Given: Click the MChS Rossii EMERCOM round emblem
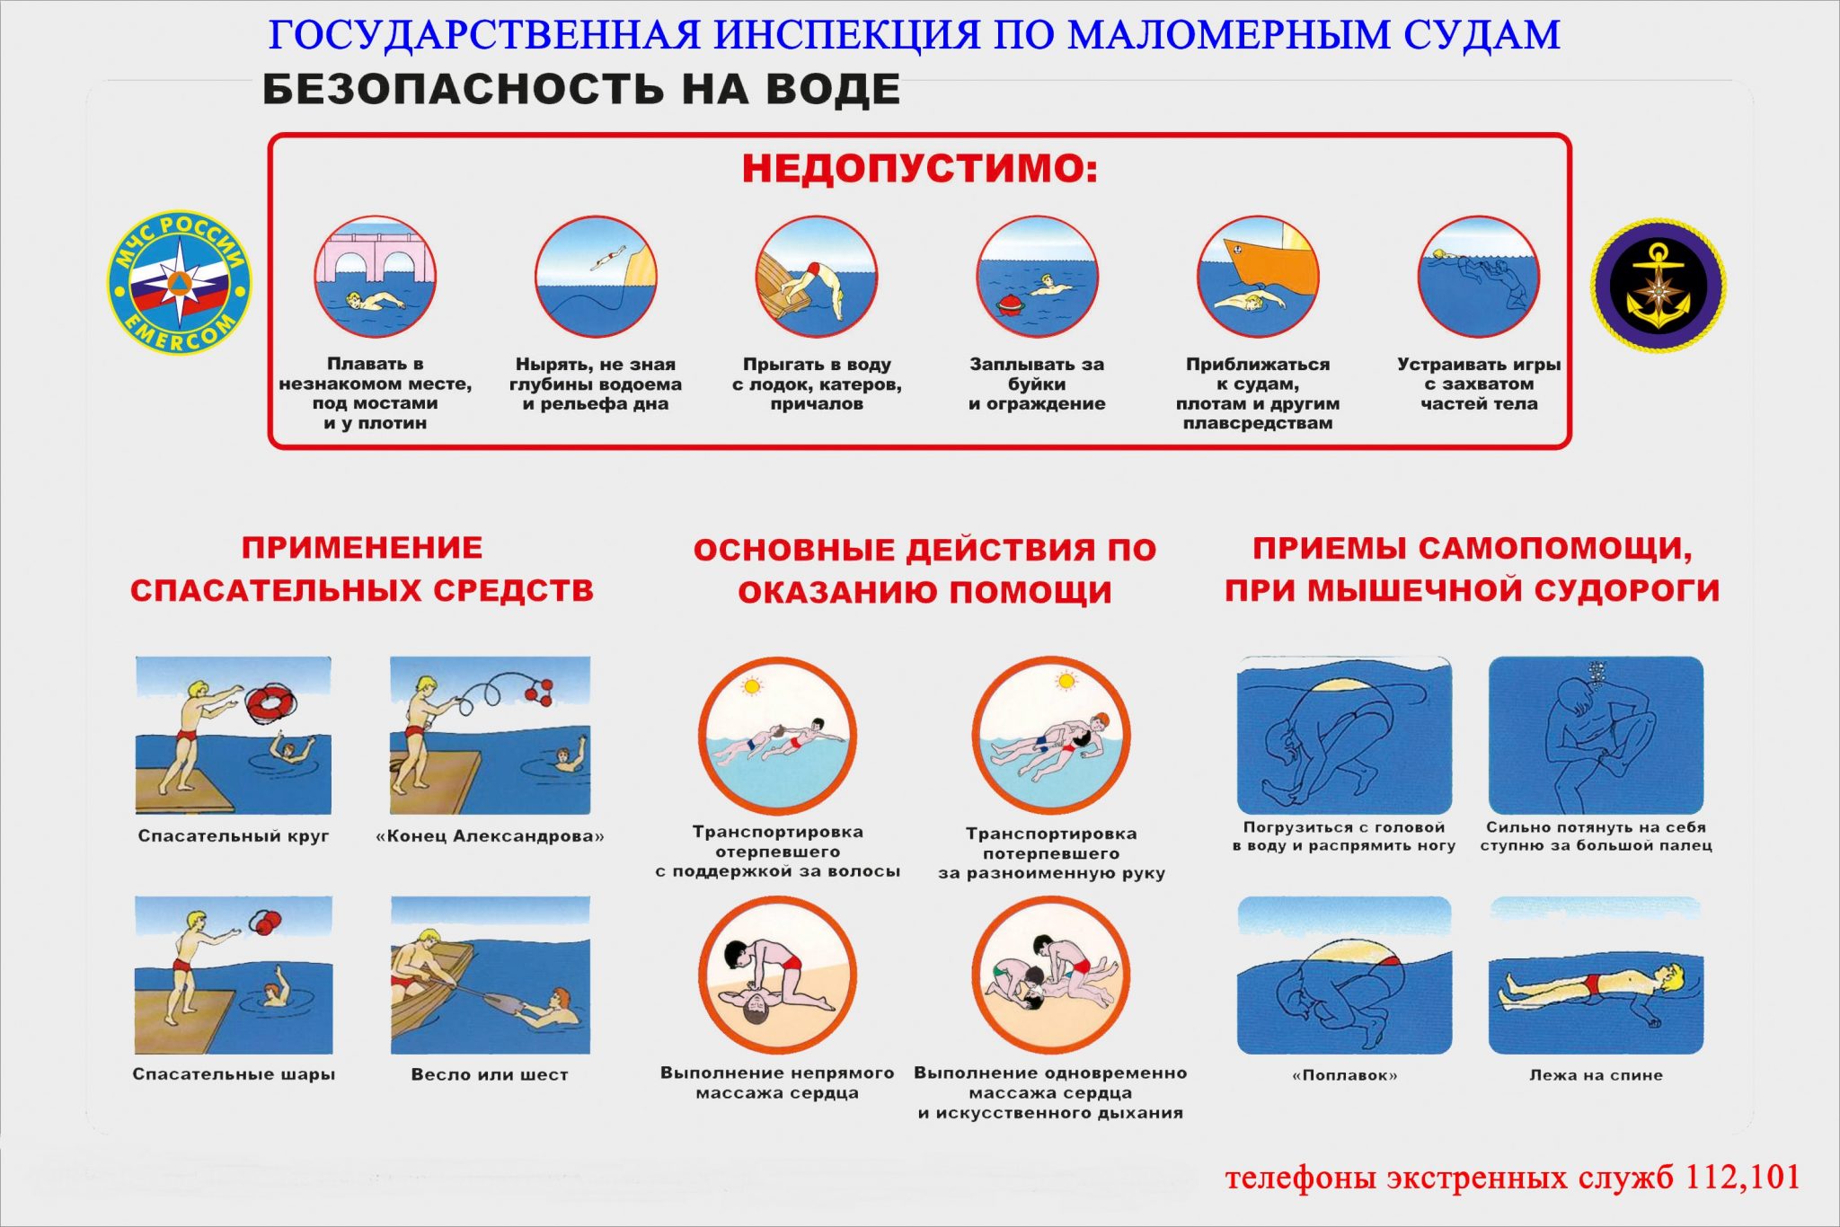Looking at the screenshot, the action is point(180,283).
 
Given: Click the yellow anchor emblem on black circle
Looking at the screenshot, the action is point(1659,286).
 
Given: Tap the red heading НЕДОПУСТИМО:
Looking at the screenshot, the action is point(919,169).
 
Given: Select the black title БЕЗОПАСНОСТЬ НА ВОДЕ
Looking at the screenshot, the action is point(581,90).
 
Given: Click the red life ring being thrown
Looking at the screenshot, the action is point(267,702).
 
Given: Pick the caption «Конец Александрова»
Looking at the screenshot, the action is point(490,836).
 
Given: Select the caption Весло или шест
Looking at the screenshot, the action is point(490,1074).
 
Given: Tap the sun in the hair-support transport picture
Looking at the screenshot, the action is point(751,687).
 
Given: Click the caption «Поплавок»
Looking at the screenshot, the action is point(1344,1075).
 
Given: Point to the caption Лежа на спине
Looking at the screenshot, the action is point(1596,1075).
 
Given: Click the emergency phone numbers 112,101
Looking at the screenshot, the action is point(1742,1177).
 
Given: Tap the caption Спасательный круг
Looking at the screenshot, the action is point(234,836).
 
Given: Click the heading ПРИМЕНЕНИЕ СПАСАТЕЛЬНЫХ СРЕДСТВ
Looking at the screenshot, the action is point(362,569).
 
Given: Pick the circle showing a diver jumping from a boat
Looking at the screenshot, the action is point(816,278).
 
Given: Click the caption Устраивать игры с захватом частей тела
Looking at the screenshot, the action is point(1479,384).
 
